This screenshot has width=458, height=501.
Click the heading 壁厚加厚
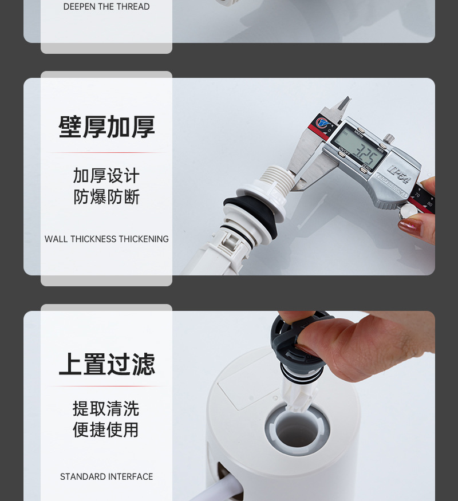[106, 127]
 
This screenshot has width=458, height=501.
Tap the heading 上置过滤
[106, 364]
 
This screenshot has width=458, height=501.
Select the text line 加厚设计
[106, 175]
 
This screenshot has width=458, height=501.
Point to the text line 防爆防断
[106, 197]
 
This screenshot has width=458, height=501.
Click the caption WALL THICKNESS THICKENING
[106, 239]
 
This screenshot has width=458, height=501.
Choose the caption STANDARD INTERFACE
[106, 476]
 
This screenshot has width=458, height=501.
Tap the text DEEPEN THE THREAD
[106, 7]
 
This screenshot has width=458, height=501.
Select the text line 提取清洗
[106, 408]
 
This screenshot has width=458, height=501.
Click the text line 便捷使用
[106, 429]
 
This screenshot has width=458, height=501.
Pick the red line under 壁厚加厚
[106, 153]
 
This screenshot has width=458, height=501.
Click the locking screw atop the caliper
[389, 138]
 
